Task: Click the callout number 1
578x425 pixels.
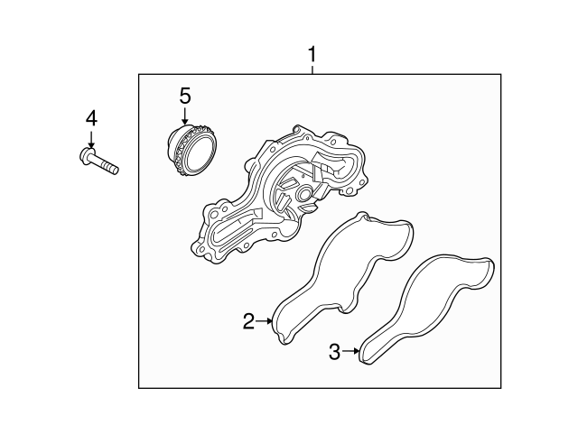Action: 312,54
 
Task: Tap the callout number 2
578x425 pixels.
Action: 249,321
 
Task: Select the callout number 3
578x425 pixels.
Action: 334,351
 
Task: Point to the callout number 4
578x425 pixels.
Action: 91,118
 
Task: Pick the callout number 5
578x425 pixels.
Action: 185,96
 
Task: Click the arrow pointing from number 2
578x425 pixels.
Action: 264,321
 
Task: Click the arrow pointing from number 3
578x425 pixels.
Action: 350,351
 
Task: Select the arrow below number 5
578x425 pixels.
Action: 184,115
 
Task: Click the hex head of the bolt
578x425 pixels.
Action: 87,155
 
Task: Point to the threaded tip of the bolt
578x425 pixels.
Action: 112,169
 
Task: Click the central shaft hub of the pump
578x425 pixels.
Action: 304,193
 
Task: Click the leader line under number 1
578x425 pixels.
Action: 312,69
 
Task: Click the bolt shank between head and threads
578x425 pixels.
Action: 99,162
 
